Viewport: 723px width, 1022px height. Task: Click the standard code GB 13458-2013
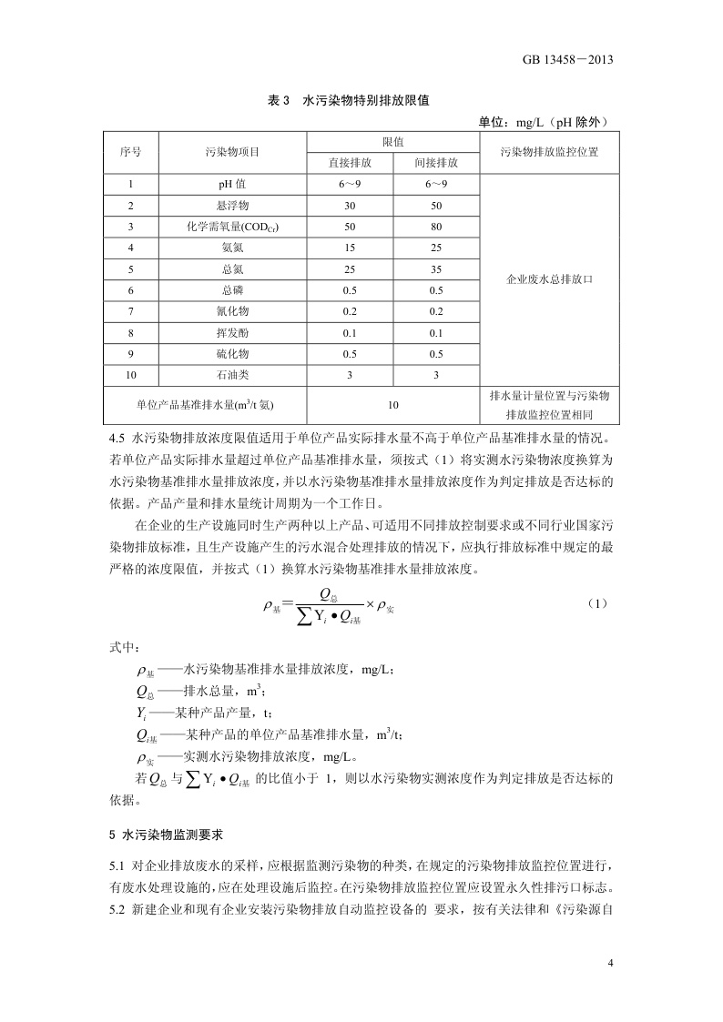(x=566, y=60)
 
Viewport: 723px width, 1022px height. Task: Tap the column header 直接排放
(x=350, y=163)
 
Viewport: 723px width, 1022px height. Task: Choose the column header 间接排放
(x=435, y=163)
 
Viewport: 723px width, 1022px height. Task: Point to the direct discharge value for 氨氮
(x=350, y=248)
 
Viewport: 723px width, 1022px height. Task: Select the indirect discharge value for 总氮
(x=435, y=269)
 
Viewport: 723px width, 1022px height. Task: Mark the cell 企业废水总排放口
(x=550, y=279)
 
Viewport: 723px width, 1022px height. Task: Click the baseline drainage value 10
(x=392, y=405)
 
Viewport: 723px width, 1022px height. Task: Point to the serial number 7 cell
(x=131, y=311)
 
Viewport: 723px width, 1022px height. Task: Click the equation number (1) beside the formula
(x=596, y=603)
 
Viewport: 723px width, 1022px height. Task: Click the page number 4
(x=611, y=963)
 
